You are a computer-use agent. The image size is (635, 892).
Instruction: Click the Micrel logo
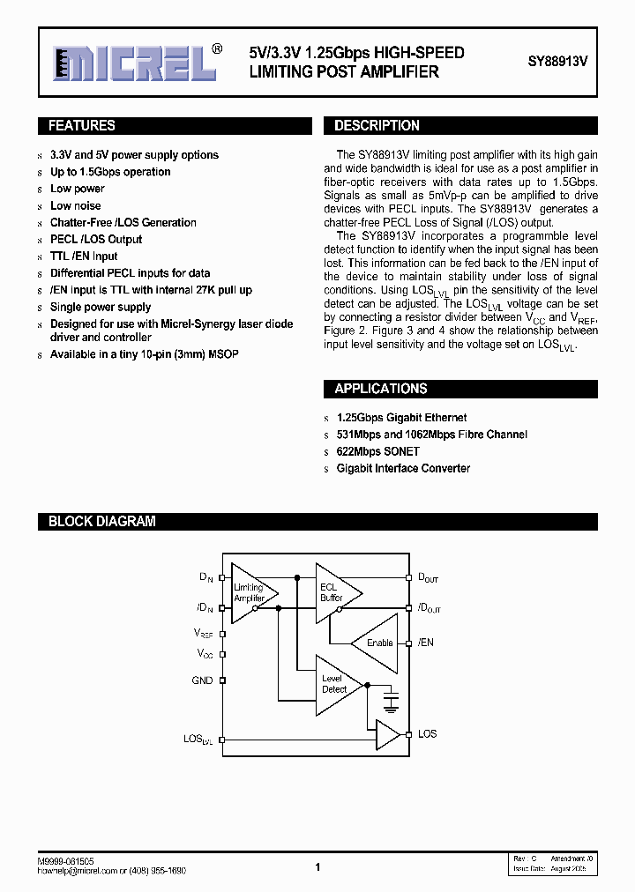point(132,63)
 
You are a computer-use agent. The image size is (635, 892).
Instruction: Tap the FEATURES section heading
point(82,126)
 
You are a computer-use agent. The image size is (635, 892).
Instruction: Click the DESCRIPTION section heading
point(377,126)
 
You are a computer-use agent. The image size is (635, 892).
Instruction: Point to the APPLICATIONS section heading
point(380,389)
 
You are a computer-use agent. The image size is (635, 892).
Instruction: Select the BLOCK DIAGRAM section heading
point(101,522)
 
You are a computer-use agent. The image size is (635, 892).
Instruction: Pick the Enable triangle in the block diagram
point(377,643)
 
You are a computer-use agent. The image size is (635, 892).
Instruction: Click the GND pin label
point(202,680)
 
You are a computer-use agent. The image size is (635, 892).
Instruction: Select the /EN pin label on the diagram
point(425,643)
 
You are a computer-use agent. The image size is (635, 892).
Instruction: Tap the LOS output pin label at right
point(427,733)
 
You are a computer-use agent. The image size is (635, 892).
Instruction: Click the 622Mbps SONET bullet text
point(377,451)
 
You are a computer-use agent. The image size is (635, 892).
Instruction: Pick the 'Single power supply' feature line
point(101,307)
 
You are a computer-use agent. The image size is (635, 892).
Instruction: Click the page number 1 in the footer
point(317,867)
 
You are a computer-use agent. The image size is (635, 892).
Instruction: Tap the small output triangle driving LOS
point(387,734)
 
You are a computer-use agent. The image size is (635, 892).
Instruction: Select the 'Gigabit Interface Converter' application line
point(403,468)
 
